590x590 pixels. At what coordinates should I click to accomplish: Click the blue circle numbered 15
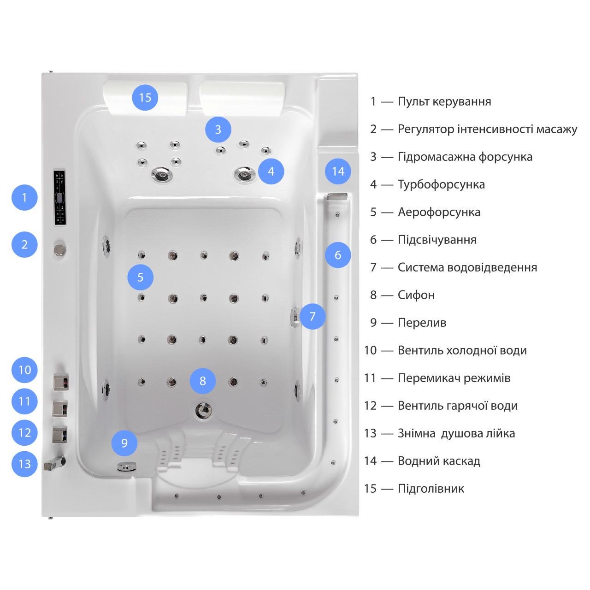(145, 98)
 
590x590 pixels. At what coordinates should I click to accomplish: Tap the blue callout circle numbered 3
(218, 130)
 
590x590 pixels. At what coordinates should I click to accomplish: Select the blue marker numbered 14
(338, 171)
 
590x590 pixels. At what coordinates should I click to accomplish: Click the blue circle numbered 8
(202, 381)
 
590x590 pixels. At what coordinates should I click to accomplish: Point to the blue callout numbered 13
(24, 464)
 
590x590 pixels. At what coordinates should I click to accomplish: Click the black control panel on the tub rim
(59, 197)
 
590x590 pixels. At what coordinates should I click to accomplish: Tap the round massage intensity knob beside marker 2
(60, 249)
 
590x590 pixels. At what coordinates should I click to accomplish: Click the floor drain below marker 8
(203, 410)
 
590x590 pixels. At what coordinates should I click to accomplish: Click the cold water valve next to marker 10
(61, 382)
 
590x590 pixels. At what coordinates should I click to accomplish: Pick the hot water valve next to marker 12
(60, 435)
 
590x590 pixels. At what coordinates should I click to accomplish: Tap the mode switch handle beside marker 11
(60, 408)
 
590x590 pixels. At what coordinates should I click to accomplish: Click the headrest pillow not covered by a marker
(242, 99)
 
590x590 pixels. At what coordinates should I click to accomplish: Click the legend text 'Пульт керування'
(444, 102)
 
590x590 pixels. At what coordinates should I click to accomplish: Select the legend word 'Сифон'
(416, 295)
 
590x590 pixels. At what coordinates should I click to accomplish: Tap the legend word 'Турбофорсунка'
(441, 184)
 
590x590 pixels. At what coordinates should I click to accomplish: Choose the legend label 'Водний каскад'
(439, 461)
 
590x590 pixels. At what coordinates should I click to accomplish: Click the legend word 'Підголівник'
(431, 488)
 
